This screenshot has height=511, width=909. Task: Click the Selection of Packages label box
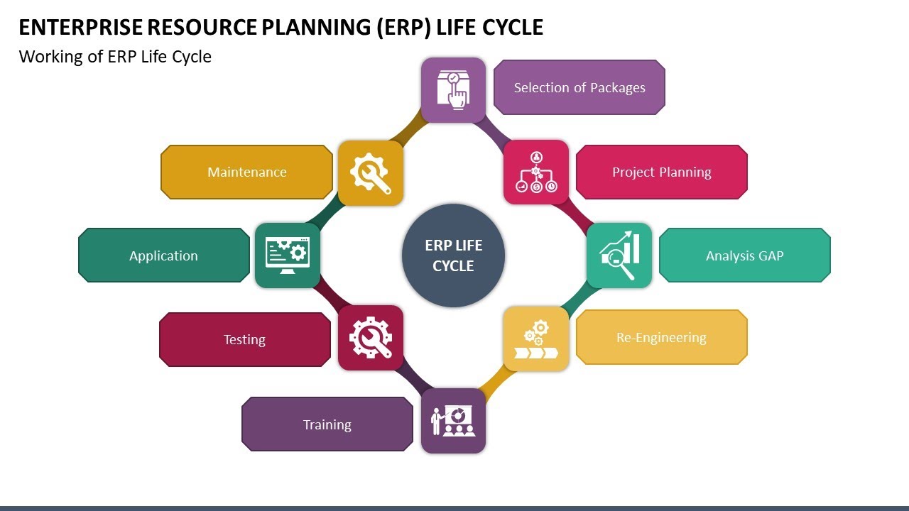pyautogui.click(x=579, y=87)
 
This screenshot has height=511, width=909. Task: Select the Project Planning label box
pyautogui.click(x=661, y=172)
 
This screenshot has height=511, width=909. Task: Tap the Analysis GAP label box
pyautogui.click(x=744, y=255)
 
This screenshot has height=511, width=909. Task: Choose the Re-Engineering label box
pyautogui.click(x=661, y=337)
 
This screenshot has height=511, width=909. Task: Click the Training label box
pyautogui.click(x=327, y=424)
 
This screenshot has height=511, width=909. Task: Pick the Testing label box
pyautogui.click(x=245, y=339)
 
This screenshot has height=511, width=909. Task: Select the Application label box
pyautogui.click(x=163, y=255)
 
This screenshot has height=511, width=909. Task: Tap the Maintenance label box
pyautogui.click(x=246, y=172)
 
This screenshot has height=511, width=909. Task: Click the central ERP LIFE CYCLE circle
pyautogui.click(x=453, y=255)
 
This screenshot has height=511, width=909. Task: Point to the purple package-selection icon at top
pyautogui.click(x=453, y=90)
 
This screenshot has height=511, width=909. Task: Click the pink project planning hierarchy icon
pyautogui.click(x=536, y=172)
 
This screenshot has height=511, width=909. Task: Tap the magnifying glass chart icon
pyautogui.click(x=619, y=255)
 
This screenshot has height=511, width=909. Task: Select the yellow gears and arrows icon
pyautogui.click(x=536, y=339)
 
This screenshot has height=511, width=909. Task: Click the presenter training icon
pyautogui.click(x=453, y=421)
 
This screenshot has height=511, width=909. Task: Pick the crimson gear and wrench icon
pyautogui.click(x=371, y=338)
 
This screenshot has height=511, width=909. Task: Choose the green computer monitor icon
pyautogui.click(x=287, y=255)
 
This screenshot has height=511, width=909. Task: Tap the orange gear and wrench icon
pyautogui.click(x=371, y=173)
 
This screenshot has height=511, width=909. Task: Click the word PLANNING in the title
pyautogui.click(x=310, y=27)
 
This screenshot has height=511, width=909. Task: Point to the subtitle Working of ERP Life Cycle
pyautogui.click(x=115, y=57)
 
